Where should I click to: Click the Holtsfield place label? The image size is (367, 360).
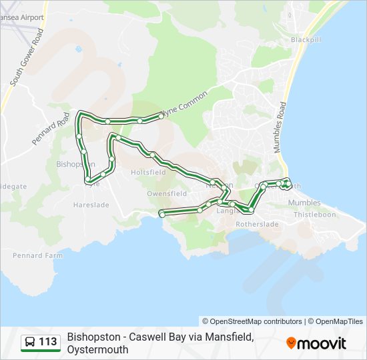pyautogui.click(x=148, y=172)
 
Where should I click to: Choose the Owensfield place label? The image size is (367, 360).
pyautogui.click(x=167, y=193)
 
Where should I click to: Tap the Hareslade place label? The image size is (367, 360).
pyautogui.click(x=91, y=205)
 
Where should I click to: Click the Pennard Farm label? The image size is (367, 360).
pyautogui.click(x=38, y=255)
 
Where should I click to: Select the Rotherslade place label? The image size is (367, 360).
pyautogui.click(x=257, y=225)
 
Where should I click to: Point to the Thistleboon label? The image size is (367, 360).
pyautogui.click(x=314, y=215)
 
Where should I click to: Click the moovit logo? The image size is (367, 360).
pyautogui.click(x=316, y=343)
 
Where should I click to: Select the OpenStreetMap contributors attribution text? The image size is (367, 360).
pyautogui.click(x=252, y=321)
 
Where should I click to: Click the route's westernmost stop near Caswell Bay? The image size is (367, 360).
pyautogui.click(x=161, y=213)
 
